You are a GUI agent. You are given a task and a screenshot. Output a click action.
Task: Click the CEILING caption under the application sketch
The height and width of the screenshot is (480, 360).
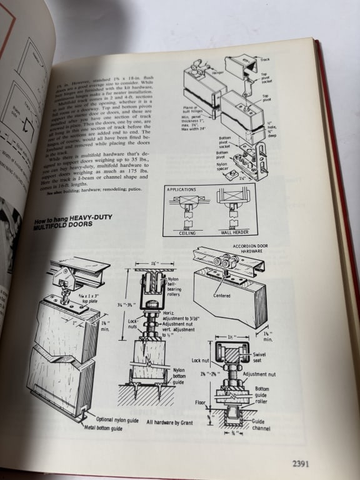click(188, 231)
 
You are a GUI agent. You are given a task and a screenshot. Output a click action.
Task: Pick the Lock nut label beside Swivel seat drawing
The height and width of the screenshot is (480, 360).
click(201, 361)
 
